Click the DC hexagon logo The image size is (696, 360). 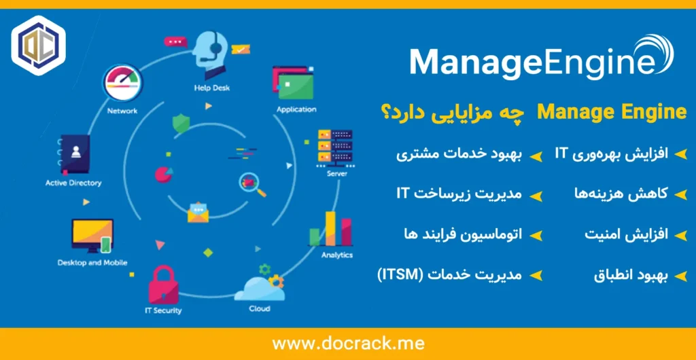pyautogui.click(x=38, y=45)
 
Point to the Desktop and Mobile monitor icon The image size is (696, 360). pyautogui.click(x=92, y=235)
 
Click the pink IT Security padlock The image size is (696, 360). pyautogui.click(x=163, y=285)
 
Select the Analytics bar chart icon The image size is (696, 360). pyautogui.click(x=331, y=229)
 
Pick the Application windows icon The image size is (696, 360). pyautogui.click(x=293, y=82)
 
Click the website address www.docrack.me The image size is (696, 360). pyautogui.click(x=348, y=343)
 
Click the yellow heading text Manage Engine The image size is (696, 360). pyautogui.click(x=612, y=113)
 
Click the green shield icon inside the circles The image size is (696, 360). pyautogui.click(x=181, y=123)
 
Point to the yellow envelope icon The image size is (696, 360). pyautogui.click(x=198, y=212)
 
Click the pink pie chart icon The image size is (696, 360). pyautogui.click(x=163, y=175)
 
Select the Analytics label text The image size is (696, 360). pyautogui.click(x=337, y=255)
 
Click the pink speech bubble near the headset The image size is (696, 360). pyautogui.click(x=175, y=41)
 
